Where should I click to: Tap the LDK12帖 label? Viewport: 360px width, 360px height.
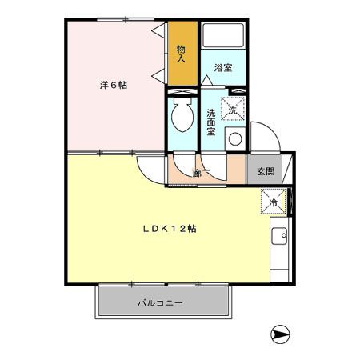point(170,228)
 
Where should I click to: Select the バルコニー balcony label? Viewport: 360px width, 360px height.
point(160,303)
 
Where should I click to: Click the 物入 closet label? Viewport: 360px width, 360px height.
point(182,54)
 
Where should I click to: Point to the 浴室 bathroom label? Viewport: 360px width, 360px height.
point(223,68)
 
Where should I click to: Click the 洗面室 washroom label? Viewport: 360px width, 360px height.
point(210,121)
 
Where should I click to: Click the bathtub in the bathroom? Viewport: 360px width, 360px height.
point(223,37)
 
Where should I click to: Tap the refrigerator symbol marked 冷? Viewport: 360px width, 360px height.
point(272,202)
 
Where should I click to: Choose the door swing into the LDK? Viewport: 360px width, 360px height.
point(149,169)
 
